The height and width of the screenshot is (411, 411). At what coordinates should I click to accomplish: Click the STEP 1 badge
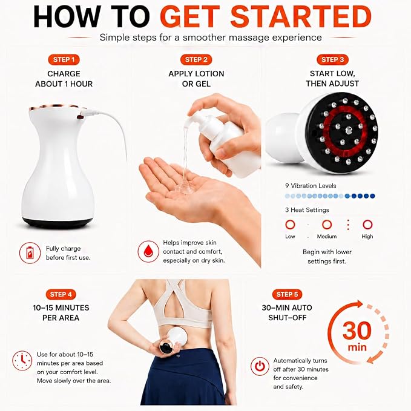pos(64,60)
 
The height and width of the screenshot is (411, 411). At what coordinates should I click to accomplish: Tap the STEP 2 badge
pos(196,60)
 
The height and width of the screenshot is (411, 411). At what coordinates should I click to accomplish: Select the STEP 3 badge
pos(332,60)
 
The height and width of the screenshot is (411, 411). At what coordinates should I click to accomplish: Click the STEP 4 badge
pos(61,294)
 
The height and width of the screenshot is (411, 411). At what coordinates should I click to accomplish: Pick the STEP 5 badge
pos(287,294)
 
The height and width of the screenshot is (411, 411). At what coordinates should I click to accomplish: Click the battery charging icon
pos(30,252)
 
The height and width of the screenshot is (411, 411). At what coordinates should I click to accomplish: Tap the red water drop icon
pos(148,252)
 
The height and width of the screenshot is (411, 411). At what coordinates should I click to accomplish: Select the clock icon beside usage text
pos(22,360)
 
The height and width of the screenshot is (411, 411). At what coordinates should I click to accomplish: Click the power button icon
pos(260,366)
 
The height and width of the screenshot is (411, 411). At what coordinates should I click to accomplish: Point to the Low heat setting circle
pos(290,225)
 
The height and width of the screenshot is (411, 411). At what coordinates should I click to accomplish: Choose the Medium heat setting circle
pos(327,225)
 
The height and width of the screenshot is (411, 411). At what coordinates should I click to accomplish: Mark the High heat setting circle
pos(367,225)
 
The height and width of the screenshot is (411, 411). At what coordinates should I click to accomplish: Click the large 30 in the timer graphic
pos(357,330)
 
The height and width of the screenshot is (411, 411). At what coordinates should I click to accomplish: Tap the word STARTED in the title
pos(301,16)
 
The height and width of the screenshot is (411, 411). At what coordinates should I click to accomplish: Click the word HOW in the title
pos(67,16)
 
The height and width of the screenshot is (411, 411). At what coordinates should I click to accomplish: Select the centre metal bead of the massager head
pos(349,129)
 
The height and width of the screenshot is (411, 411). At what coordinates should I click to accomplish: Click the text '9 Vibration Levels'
pos(311,186)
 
